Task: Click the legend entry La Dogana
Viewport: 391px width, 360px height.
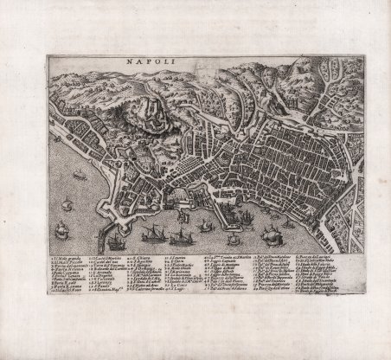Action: (x=103, y=286)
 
